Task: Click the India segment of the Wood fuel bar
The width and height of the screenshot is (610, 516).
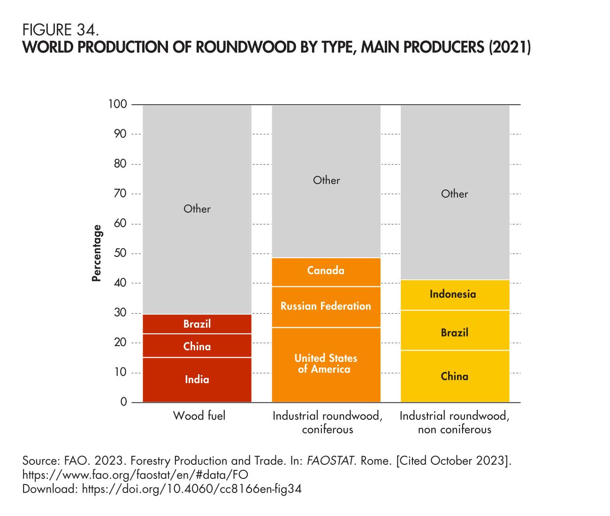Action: coord(197,379)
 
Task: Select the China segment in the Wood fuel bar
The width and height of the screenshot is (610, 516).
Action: coord(197,346)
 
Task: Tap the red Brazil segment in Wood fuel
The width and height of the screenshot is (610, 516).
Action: coord(197,324)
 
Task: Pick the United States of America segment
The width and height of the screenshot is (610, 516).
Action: coord(326,364)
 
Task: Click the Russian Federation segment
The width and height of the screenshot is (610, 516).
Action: coord(326,307)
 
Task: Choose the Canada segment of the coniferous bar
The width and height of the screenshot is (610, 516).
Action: coord(326,271)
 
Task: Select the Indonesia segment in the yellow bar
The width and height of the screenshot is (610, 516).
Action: coord(454,294)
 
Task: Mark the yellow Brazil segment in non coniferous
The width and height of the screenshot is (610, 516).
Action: coord(454,332)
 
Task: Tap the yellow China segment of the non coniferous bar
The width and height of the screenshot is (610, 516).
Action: coord(454,376)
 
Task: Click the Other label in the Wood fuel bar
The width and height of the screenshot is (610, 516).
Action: coord(197,209)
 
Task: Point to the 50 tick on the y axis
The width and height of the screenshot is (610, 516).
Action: coord(120,254)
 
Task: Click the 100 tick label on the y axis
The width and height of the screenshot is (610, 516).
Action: coord(117,104)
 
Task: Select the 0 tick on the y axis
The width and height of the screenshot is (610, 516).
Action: coord(123,402)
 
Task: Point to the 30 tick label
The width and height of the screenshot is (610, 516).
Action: coord(120,313)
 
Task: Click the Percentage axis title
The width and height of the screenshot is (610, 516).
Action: coord(97,253)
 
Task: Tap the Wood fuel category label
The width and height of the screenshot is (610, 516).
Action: coord(199,416)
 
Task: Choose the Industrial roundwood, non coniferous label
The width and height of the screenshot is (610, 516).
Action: coord(454,423)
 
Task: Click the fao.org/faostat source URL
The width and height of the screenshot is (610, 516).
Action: coord(135,474)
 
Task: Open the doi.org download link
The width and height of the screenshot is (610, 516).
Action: coord(191,489)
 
